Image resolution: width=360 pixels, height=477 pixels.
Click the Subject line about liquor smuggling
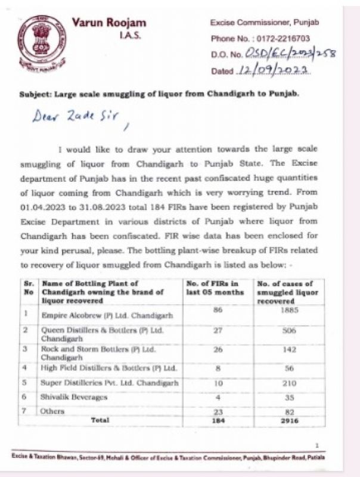click(x=167, y=94)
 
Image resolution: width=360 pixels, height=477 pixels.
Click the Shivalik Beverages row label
click(x=74, y=397)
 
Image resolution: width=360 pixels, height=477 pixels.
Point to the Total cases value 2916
click(x=285, y=420)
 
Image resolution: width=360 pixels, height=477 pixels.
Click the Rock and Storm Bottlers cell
click(x=98, y=352)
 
